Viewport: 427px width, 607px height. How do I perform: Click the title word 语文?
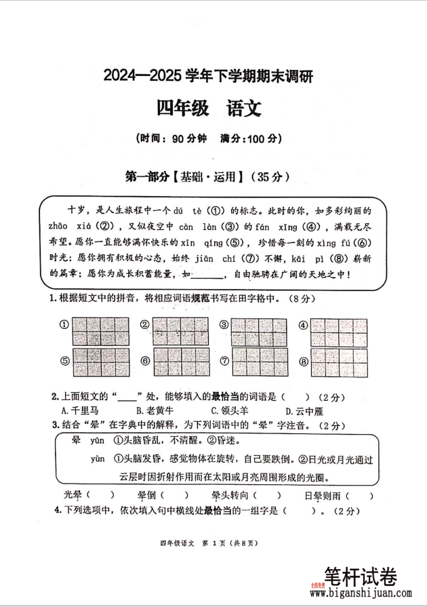pos(240,109)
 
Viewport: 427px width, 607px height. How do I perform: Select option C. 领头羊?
pos(230,410)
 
